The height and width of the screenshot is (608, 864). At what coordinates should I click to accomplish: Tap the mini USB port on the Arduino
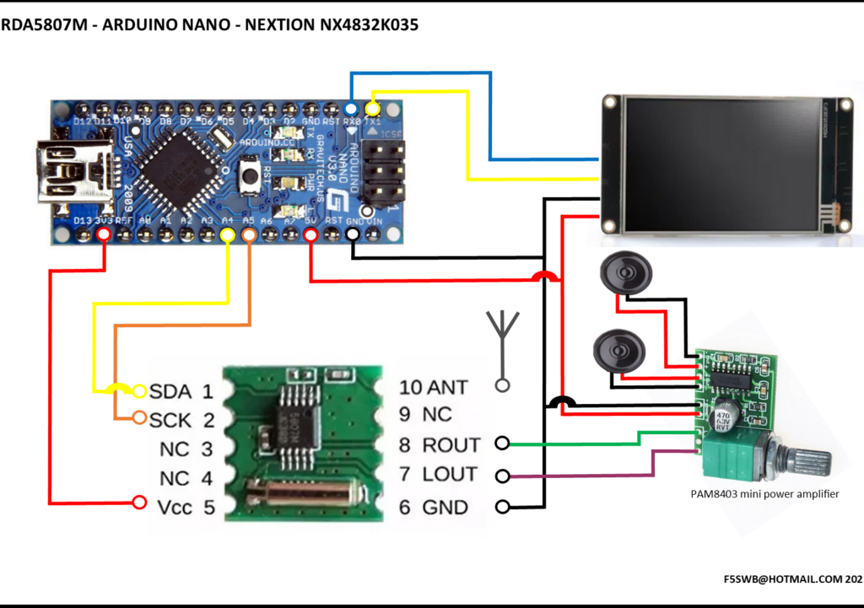tap(64, 173)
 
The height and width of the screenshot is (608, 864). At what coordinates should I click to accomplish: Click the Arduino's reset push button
tap(250, 176)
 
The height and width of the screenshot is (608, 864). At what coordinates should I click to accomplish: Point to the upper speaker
tap(625, 274)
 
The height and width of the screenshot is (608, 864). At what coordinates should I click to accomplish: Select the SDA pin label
tap(170, 391)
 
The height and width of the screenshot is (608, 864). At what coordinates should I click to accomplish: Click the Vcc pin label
tap(175, 508)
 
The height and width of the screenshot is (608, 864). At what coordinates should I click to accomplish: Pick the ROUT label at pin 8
tap(451, 444)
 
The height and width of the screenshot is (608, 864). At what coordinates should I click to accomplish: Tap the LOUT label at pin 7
tap(450, 475)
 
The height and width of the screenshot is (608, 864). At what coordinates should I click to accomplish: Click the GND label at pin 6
tap(445, 508)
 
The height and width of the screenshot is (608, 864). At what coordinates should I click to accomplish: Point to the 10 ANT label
tap(433, 387)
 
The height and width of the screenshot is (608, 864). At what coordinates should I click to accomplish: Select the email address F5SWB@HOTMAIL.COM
tap(780, 579)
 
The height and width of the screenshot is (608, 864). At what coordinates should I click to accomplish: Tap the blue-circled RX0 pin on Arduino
tap(351, 110)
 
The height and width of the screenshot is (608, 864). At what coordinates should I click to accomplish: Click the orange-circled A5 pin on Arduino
tap(249, 236)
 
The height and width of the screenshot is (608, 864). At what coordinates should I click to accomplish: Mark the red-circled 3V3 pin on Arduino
tap(104, 236)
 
